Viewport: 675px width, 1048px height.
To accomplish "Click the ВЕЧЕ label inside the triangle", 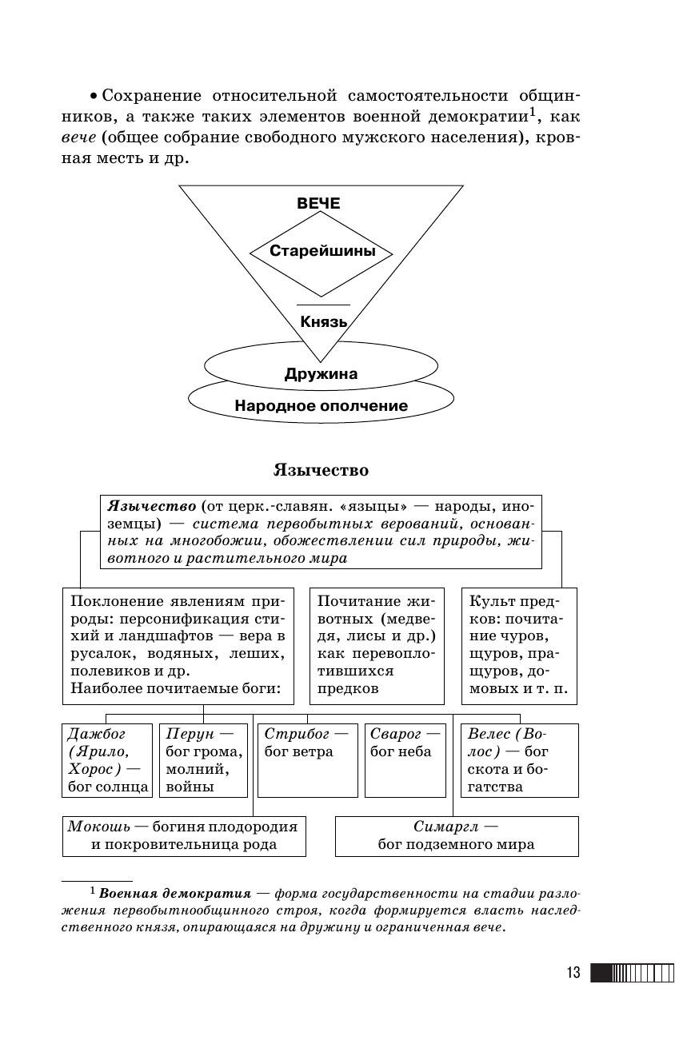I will tap(318, 204).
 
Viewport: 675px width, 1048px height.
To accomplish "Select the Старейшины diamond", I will tap(321, 251).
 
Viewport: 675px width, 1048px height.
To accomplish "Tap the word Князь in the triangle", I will tap(323, 322).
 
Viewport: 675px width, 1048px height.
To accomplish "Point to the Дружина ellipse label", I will tap(321, 373).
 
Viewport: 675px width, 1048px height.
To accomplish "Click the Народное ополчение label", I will tap(321, 405).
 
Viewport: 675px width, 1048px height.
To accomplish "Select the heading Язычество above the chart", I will tap(321, 469).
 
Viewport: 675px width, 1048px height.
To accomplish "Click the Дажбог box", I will tap(106, 759).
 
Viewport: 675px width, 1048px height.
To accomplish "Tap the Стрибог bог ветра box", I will tap(307, 759).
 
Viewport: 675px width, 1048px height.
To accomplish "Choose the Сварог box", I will tap(405, 759).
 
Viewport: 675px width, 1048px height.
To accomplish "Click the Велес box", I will tap(519, 759).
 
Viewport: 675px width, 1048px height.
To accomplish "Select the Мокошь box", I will tap(184, 835).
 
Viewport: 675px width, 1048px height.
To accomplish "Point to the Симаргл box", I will tap(456, 835).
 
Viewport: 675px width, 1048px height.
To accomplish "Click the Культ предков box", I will tap(519, 645).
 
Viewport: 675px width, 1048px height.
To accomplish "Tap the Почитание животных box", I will tap(376, 645).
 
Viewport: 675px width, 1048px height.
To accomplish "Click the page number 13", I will tap(573, 973).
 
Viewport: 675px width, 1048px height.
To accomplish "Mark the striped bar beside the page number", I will tap(632, 973).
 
